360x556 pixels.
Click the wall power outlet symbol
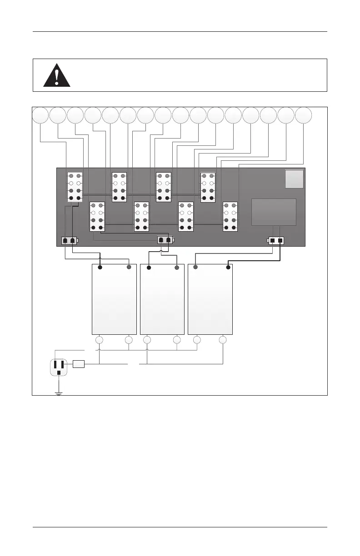(59, 366)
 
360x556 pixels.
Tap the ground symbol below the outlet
(59, 393)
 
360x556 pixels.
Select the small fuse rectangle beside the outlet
(79, 364)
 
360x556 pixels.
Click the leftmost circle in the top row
(40, 115)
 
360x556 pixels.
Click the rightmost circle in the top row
(304, 115)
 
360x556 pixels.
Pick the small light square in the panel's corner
(294, 179)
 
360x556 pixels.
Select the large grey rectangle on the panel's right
(274, 212)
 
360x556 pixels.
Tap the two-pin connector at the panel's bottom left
(69, 240)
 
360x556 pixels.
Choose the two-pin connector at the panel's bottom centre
(165, 240)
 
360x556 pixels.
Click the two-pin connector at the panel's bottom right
(276, 240)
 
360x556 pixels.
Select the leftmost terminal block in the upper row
(75, 187)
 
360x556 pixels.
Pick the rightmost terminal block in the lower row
(230, 216)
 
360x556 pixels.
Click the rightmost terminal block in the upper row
(208, 187)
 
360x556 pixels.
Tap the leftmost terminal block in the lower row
(97, 216)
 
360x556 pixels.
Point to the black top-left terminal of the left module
(100, 268)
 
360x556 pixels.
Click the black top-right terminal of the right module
(227, 268)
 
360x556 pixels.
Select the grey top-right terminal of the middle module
(177, 268)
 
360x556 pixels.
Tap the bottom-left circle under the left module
(100, 340)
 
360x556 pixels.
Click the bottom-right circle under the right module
(223, 340)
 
